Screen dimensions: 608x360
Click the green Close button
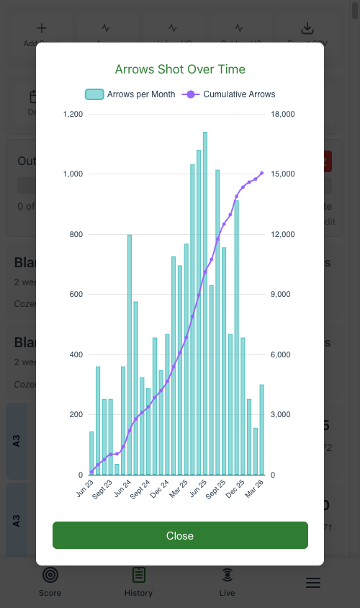(180, 535)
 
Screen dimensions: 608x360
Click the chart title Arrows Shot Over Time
(180, 69)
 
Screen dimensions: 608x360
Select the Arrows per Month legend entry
(130, 94)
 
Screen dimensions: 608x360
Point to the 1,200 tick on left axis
(73, 114)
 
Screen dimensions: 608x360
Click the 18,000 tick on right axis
(284, 114)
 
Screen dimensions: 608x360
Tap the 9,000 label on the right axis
(282, 294)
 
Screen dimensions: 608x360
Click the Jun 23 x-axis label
(86, 488)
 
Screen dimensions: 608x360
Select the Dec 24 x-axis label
(161, 488)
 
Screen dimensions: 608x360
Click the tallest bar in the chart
(205, 303)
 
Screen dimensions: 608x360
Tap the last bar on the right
(261, 429)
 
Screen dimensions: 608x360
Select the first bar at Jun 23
(91, 453)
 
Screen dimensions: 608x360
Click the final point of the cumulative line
(261, 173)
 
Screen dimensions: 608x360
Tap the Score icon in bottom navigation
(50, 581)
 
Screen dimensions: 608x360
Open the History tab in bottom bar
(138, 581)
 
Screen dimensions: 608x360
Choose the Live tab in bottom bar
(227, 581)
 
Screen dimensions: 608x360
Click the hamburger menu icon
(313, 583)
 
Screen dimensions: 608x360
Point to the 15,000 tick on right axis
(284, 174)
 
